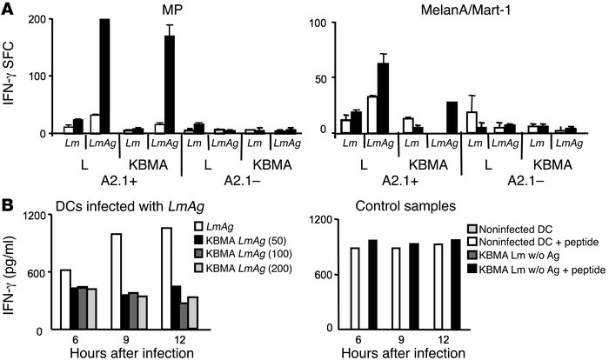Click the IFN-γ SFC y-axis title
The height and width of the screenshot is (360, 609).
click(11, 77)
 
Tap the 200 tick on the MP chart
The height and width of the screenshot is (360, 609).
click(39, 20)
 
